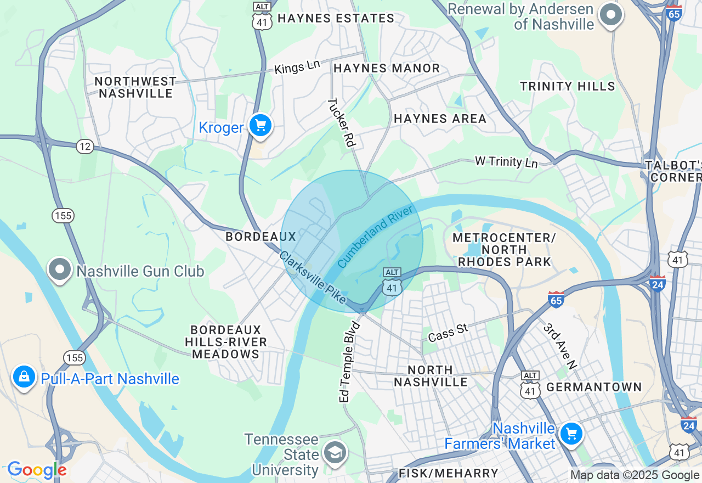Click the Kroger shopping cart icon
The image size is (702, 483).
click(261, 126)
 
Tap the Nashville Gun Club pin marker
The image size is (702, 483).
click(60, 269)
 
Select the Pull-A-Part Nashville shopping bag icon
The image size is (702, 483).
click(24, 377)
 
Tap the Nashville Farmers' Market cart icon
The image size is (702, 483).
click(571, 434)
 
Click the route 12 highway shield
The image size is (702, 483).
click(85, 147)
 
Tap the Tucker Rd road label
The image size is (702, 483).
click(342, 122)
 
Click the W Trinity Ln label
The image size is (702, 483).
click(506, 161)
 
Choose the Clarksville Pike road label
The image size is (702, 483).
click(313, 277)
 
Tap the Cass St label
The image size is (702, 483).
click(448, 332)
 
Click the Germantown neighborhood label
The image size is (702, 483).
click(594, 387)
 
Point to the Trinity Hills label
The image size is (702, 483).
click(568, 86)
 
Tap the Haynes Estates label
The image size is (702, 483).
click(336, 18)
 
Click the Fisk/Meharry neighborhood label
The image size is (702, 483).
click(448, 473)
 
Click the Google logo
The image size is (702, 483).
click(37, 470)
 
